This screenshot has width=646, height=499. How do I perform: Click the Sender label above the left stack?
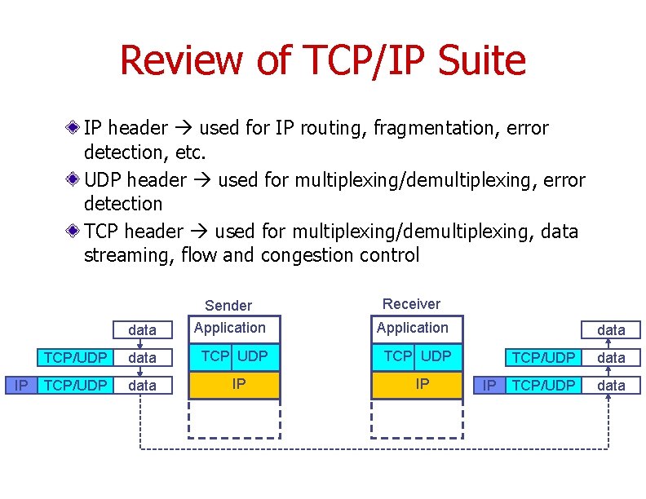(x=228, y=306)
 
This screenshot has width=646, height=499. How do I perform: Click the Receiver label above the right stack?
(x=411, y=304)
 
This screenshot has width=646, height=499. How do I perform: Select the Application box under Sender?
(x=234, y=329)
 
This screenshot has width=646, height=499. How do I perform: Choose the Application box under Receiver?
(x=417, y=329)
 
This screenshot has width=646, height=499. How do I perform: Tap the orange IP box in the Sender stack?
(x=234, y=384)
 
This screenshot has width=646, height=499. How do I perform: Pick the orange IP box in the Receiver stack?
(x=417, y=384)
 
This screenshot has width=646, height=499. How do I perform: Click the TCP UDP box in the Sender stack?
(x=234, y=356)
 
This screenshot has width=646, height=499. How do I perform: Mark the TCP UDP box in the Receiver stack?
(x=417, y=356)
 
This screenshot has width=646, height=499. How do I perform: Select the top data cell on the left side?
(x=143, y=330)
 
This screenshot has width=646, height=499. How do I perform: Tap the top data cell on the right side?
(x=611, y=330)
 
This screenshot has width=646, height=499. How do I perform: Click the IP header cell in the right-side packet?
(x=489, y=385)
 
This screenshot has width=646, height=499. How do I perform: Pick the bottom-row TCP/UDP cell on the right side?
(x=542, y=385)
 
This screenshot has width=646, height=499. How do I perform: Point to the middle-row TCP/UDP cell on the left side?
(x=75, y=358)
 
